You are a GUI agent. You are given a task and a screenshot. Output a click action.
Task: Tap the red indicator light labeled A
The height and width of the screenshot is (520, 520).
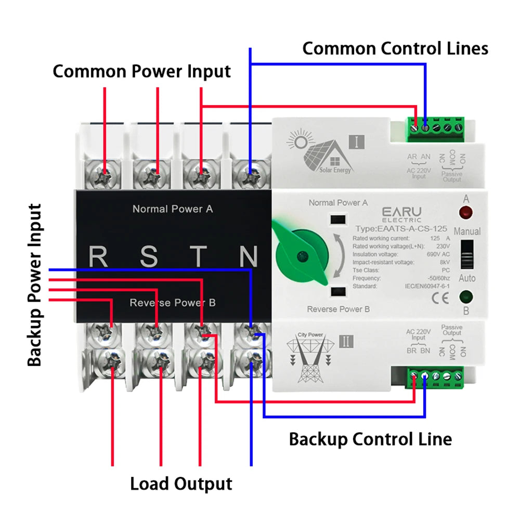coord(466,212)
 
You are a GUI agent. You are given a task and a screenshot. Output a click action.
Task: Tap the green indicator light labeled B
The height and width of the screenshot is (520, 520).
coord(466,297)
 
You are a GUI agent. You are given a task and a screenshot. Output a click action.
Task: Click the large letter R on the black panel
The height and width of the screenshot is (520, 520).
coord(98,256)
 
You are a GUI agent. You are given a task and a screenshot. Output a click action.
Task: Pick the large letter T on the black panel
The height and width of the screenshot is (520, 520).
coord(199,256)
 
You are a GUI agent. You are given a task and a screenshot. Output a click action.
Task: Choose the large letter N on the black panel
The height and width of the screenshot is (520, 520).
coord(249,256)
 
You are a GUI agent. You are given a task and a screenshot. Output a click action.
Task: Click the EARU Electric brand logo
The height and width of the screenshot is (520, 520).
coord(401,214)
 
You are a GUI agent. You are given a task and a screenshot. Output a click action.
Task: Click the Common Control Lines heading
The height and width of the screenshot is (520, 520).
coord(395,48)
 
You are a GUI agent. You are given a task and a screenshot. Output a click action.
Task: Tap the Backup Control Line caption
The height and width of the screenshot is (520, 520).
coord(370,439)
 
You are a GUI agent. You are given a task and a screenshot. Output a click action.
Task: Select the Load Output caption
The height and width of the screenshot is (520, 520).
coord(181,483)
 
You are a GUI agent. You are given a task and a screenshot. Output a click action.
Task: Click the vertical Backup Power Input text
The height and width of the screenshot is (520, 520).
coord(34,285)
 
